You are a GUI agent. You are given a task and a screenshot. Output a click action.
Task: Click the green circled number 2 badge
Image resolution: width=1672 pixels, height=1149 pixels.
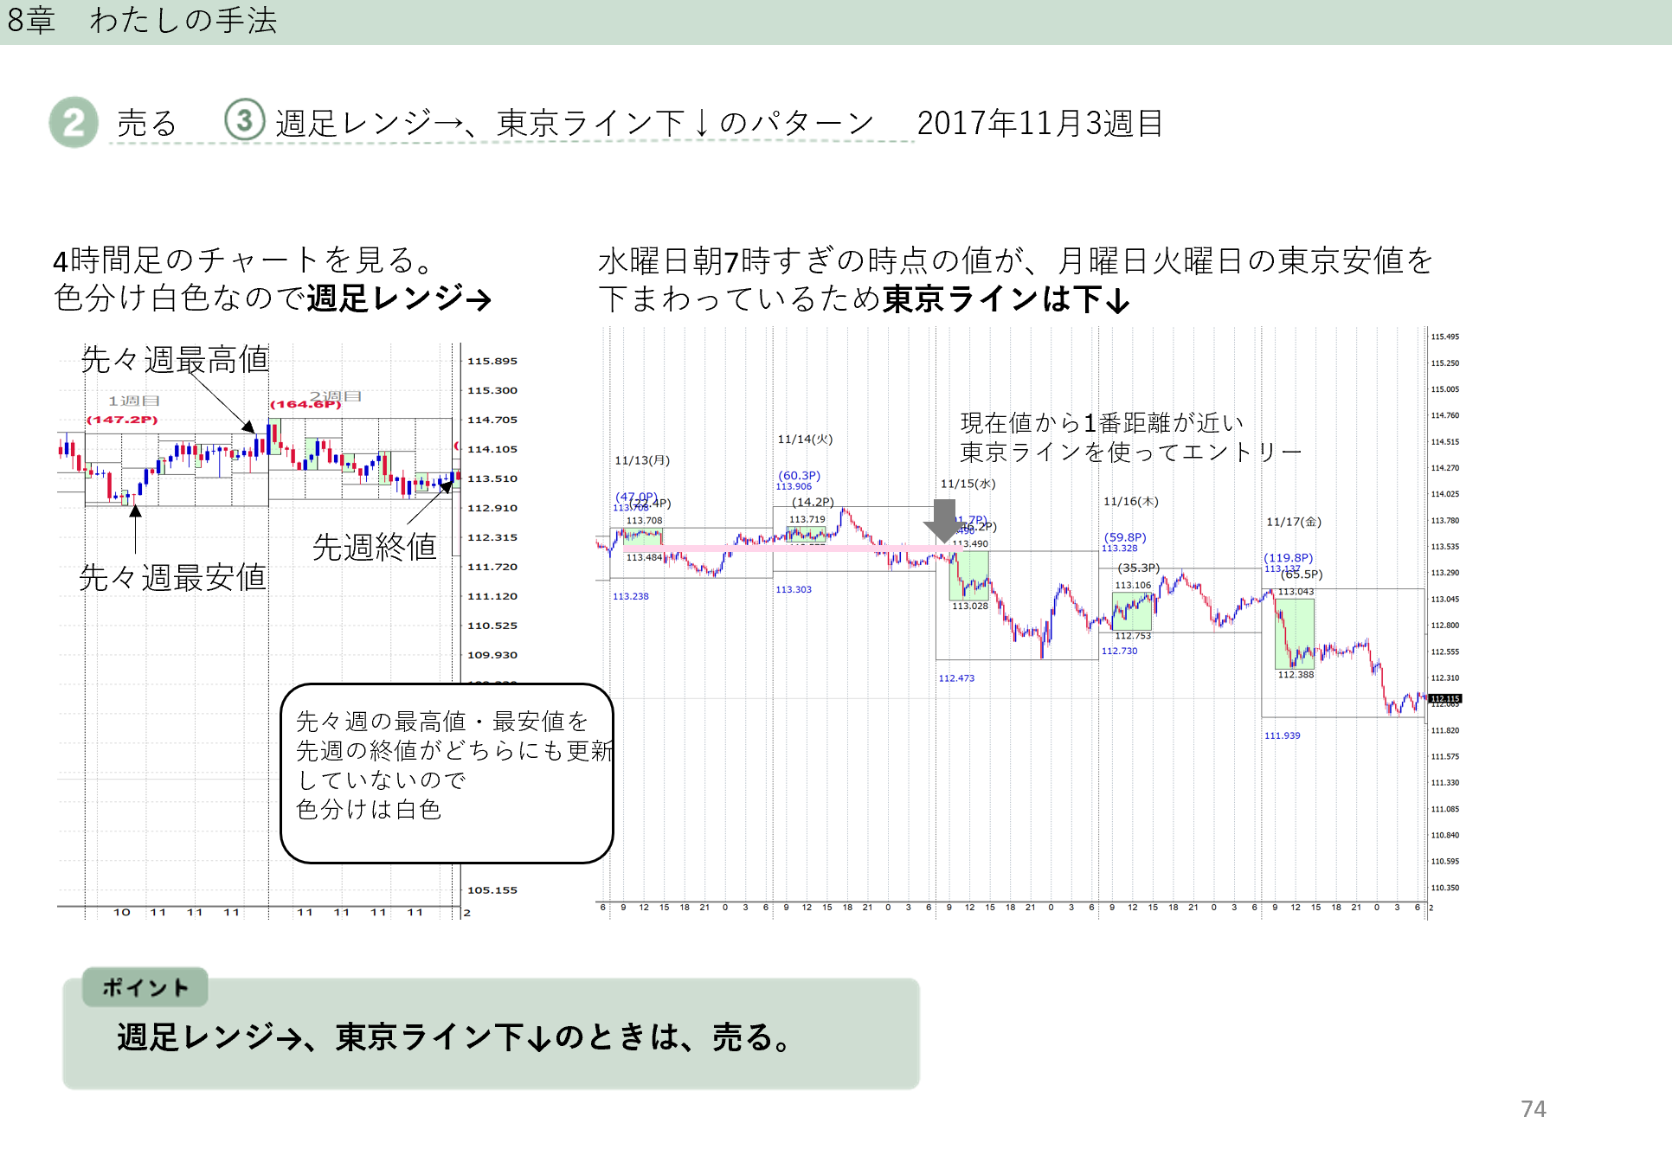74,122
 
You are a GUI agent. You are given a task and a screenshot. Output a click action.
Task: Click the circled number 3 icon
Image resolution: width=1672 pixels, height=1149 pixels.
244,120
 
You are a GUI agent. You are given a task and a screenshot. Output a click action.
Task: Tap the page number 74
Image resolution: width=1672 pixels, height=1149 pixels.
1533,1108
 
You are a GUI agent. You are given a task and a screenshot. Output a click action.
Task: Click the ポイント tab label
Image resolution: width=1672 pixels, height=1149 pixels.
145,987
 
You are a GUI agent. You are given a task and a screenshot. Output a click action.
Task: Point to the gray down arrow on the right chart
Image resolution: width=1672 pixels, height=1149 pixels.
944,520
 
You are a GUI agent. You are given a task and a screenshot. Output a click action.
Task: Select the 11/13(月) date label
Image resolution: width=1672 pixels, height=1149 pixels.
642,460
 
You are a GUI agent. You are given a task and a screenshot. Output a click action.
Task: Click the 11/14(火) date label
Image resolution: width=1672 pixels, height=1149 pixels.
805,440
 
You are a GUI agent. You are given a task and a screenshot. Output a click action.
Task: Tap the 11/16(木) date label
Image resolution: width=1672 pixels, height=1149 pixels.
1130,502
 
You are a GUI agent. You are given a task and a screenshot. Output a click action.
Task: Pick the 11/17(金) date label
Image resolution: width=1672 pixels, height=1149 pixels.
1294,522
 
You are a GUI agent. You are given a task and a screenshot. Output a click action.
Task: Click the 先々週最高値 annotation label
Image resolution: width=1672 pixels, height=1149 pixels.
175,359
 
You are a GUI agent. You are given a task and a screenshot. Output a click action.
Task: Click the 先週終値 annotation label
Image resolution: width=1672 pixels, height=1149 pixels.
374,547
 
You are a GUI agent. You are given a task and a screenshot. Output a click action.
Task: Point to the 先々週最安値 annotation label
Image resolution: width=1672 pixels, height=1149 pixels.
172,577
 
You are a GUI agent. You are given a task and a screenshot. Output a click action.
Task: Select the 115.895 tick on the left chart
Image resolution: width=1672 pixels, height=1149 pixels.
492,362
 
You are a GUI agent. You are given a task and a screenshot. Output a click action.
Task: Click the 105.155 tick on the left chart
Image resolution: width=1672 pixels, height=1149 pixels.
492,890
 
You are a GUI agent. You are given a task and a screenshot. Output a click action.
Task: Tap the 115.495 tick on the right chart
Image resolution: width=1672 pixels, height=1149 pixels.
1444,337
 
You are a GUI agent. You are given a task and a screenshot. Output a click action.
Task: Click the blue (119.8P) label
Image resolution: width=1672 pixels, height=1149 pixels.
1288,558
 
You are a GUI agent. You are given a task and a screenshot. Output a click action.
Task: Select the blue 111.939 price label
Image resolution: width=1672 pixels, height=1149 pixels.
1282,735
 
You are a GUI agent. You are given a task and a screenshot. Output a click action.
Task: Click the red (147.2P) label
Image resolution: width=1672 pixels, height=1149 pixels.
122,420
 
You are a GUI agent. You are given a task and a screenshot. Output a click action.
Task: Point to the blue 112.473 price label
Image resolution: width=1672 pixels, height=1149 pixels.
956,678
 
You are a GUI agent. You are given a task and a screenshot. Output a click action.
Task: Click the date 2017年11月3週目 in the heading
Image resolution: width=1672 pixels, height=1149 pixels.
1039,124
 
